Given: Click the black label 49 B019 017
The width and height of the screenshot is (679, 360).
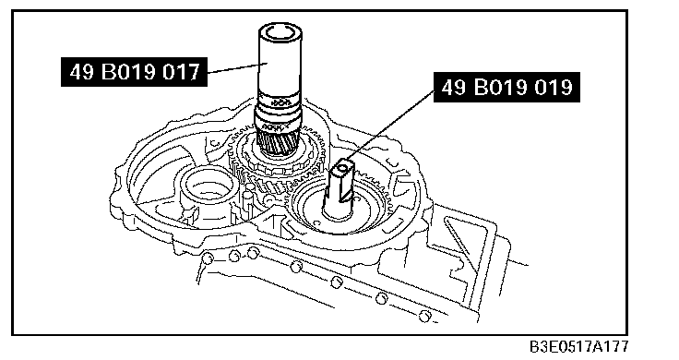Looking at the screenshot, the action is coord(134,71).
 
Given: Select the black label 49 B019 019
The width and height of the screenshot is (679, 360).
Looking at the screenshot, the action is coord(506,87).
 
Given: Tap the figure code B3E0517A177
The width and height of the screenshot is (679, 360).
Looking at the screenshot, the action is coord(579,347).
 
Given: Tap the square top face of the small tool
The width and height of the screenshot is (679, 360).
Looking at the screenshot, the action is coord(343,166).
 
